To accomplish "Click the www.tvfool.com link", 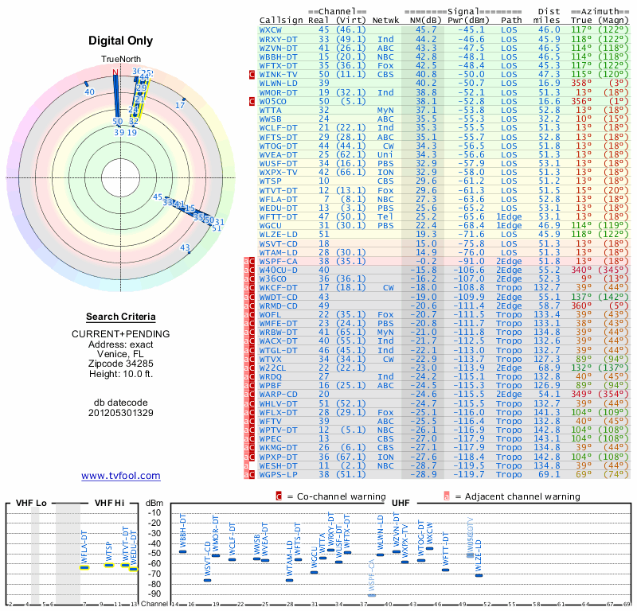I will [x=120, y=476].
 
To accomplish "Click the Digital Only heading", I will [x=120, y=41].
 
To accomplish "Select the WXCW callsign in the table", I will [x=272, y=29].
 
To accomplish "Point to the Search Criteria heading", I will [x=120, y=317].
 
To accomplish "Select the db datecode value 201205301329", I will [x=120, y=413].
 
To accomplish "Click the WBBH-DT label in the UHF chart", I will [x=182, y=531].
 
